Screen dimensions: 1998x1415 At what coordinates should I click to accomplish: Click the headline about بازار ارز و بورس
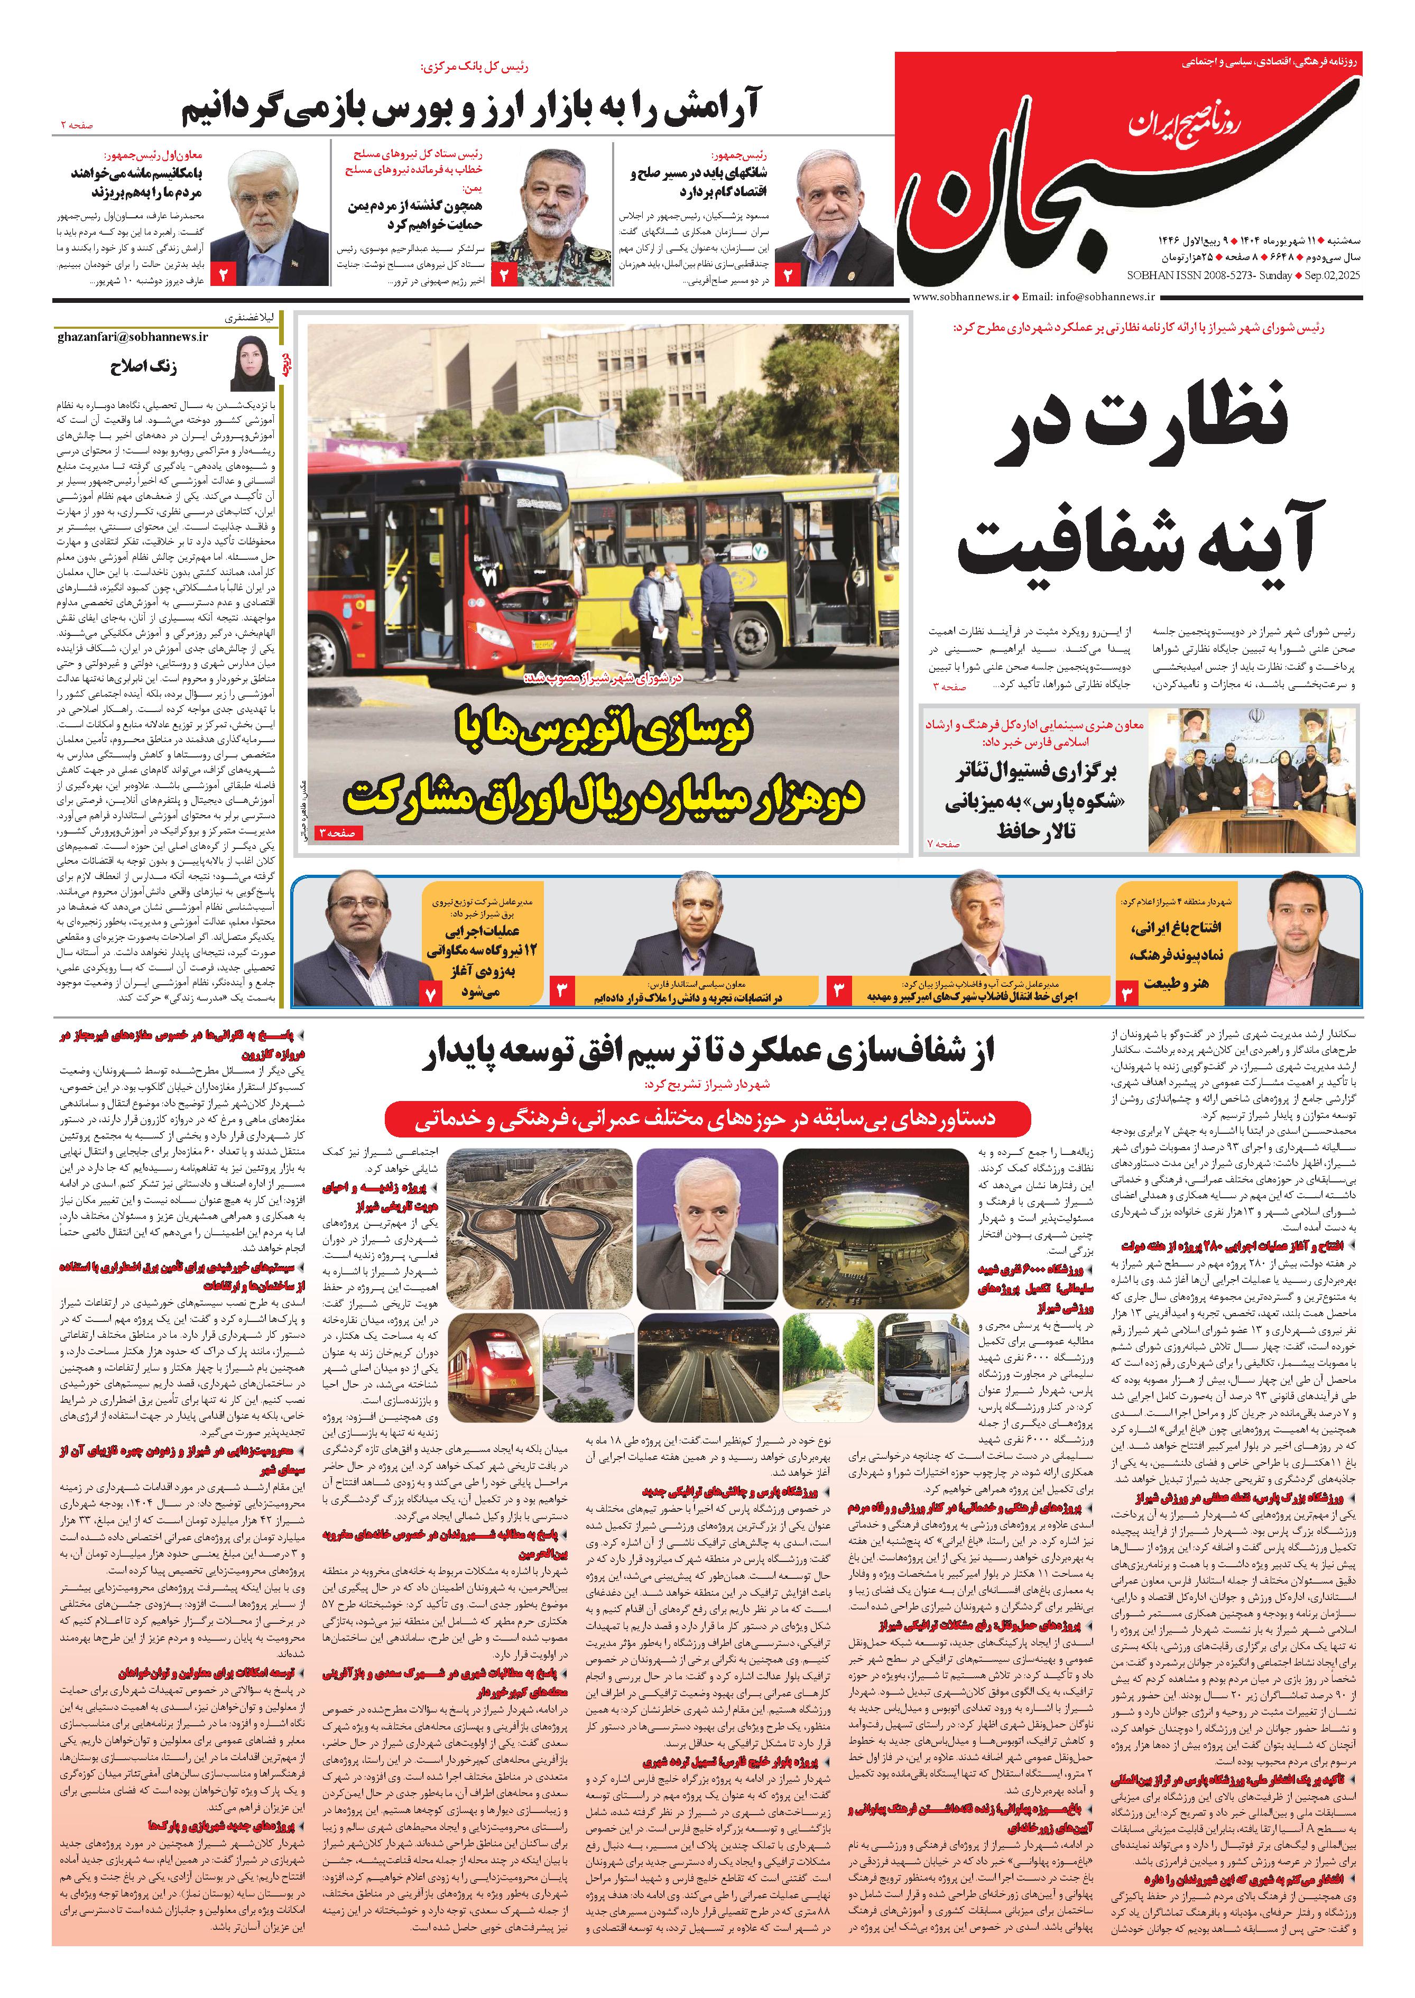click(x=470, y=109)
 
